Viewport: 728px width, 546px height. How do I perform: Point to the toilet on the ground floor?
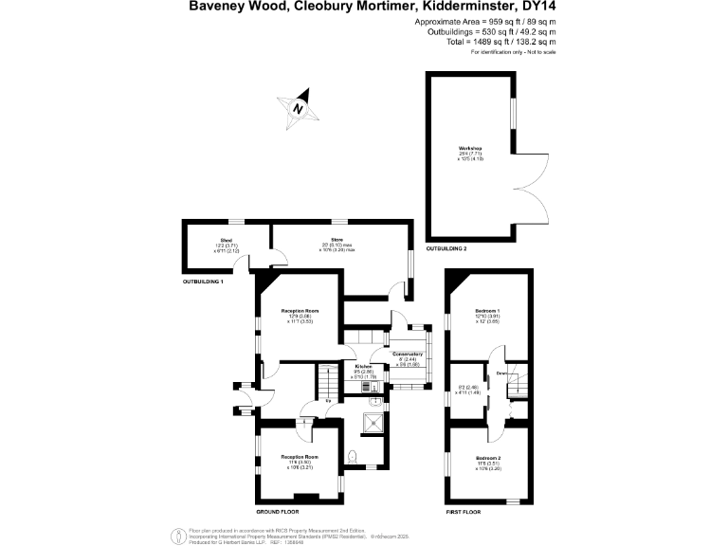[x=353, y=457]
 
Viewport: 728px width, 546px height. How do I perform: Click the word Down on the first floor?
[x=502, y=374]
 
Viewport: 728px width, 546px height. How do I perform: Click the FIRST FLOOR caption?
[x=464, y=512]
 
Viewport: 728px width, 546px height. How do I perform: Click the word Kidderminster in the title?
[x=449, y=8]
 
